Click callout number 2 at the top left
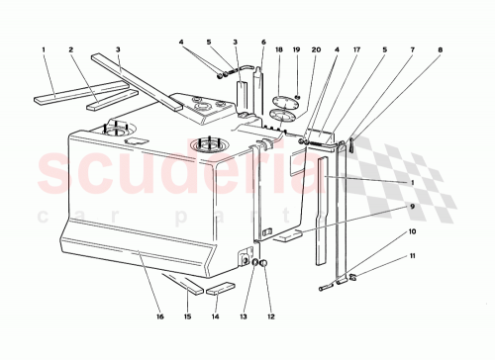pyautogui.click(x=71, y=48)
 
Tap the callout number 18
pyautogui.click(x=280, y=48)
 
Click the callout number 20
pyautogui.click(x=317, y=48)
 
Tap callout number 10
pyautogui.click(x=413, y=232)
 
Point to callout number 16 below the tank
pyautogui.click(x=159, y=317)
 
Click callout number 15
pyautogui.click(x=186, y=317)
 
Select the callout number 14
pyautogui.click(x=214, y=317)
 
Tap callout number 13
pyautogui.click(x=244, y=317)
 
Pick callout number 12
pyautogui.click(x=270, y=317)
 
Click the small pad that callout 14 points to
pyautogui.click(x=221, y=289)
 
